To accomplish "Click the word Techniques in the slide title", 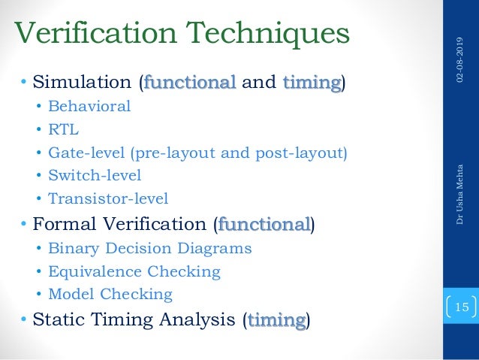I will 275,34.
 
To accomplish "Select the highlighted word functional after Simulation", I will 190,81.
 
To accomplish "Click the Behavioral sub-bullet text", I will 89,106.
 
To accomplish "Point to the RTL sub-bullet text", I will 63,129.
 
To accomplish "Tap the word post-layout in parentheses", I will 306,153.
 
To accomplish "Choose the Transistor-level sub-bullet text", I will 108,199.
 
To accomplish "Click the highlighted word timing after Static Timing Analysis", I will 276,320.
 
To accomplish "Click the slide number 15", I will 461,307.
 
